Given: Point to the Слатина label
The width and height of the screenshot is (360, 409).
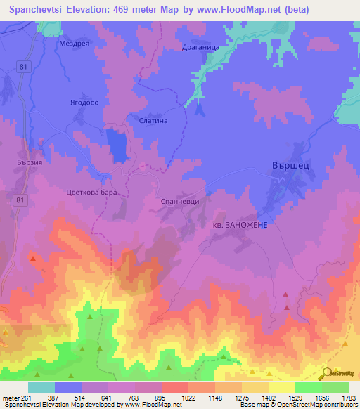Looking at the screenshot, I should [153, 120].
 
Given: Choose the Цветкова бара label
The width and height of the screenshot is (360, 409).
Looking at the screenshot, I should [89, 191].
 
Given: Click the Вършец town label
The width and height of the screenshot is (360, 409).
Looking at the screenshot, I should [290, 163].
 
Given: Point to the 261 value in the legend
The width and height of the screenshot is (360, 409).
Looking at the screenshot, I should [26, 398].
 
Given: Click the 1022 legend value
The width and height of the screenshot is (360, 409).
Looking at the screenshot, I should [168, 398].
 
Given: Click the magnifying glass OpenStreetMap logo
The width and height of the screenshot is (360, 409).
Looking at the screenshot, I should [326, 373].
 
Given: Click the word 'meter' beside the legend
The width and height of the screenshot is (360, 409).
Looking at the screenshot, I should [10, 398].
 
